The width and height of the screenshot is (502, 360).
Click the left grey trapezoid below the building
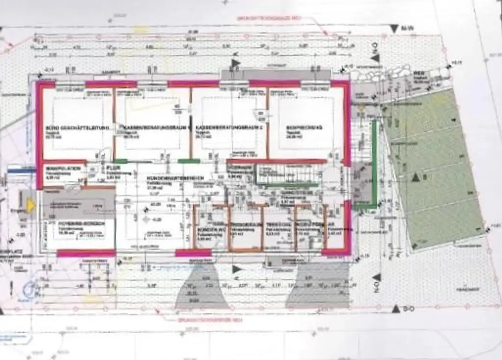[201, 289]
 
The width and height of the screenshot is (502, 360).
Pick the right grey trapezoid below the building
[318, 287]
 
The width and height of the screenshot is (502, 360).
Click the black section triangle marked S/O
[396, 309]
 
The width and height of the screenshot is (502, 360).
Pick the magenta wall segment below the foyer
[86, 253]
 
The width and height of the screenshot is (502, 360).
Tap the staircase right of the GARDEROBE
[284, 174]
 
